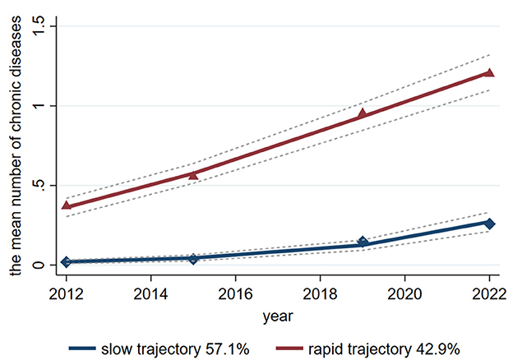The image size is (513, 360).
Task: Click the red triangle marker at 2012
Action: [66, 205]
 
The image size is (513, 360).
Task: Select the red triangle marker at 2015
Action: [193, 174]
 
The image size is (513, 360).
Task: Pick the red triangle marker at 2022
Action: [489, 72]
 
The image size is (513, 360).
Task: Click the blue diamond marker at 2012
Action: [66, 262]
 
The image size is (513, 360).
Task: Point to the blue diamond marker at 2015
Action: [193, 259]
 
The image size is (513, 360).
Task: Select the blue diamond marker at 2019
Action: [363, 242]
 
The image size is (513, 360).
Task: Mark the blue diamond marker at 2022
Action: [489, 224]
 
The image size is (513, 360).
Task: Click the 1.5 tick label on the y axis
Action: [40, 26]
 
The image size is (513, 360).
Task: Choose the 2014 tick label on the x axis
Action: [150, 292]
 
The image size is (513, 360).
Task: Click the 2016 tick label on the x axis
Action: [235, 292]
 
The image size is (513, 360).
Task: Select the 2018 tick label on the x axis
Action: [320, 292]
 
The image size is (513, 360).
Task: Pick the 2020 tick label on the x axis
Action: [404, 292]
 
